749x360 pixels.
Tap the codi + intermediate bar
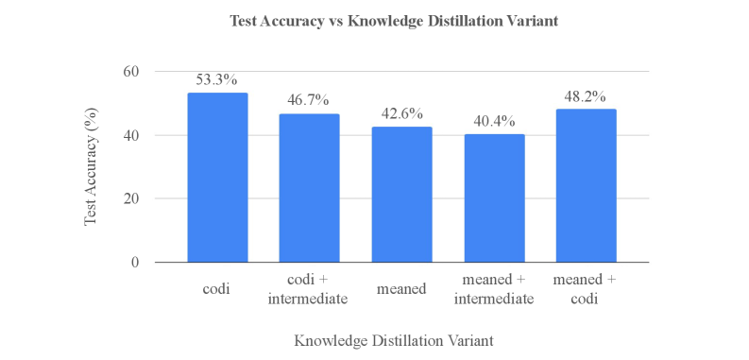point(309,188)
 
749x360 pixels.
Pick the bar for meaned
point(401,195)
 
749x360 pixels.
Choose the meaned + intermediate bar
point(493,198)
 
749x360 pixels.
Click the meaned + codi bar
point(586,186)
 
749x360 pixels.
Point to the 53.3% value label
point(217,80)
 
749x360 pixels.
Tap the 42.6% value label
point(401,114)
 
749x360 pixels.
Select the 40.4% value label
point(493,122)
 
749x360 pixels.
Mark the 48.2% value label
point(586,96)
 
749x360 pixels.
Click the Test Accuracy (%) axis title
point(92,167)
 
